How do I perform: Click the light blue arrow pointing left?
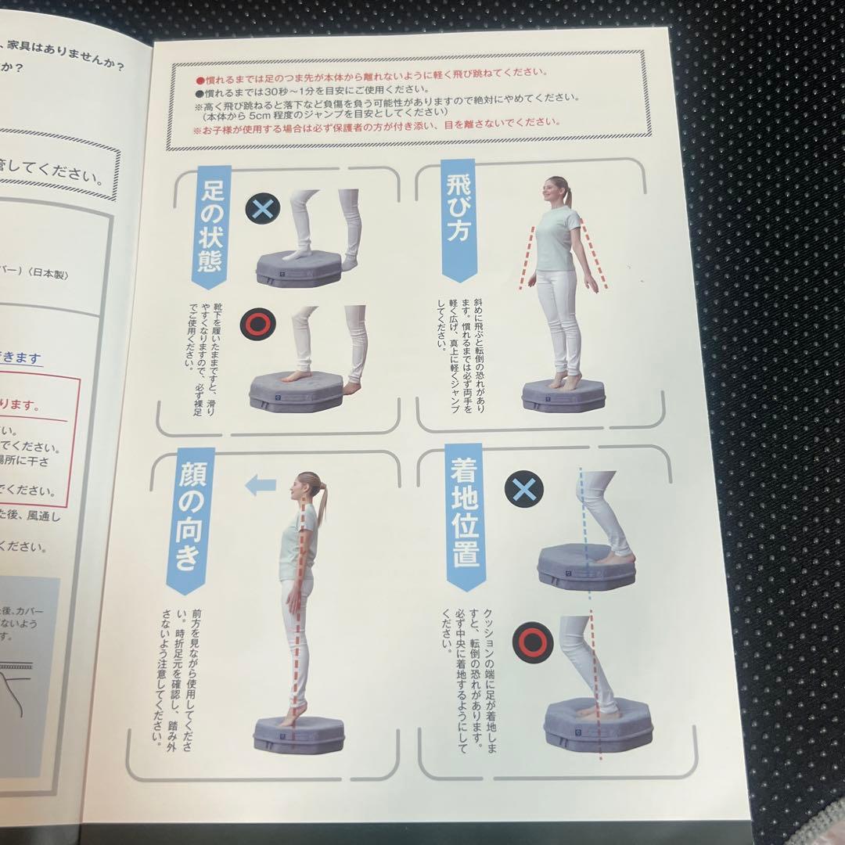tap(259, 485)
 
